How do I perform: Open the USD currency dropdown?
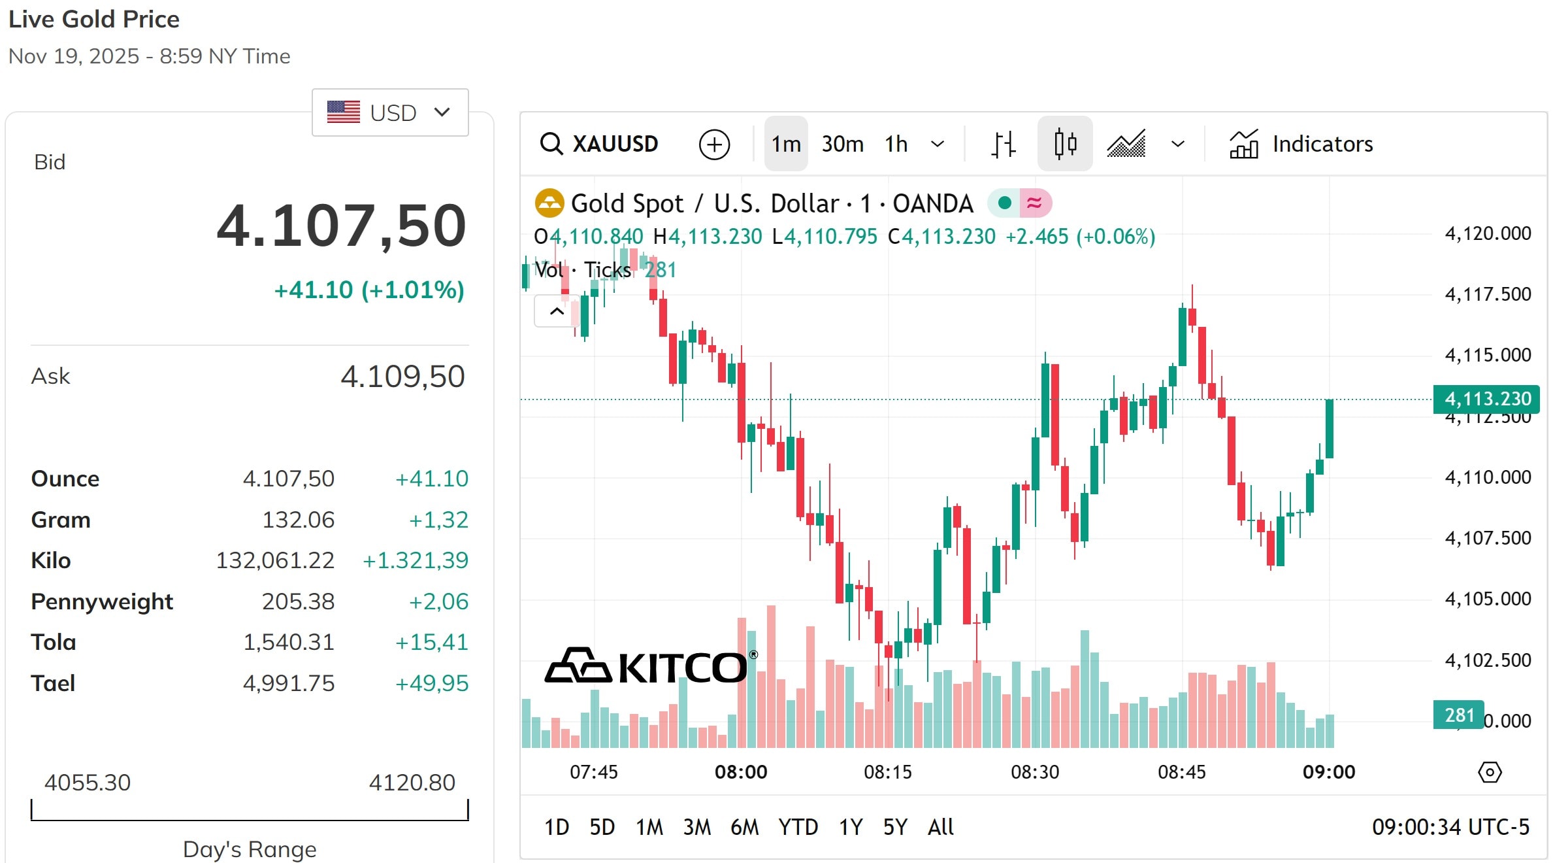(x=390, y=112)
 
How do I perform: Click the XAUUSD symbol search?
(x=599, y=144)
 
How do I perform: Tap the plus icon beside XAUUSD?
(x=714, y=144)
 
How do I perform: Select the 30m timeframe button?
(x=842, y=144)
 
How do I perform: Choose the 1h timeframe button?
(x=896, y=144)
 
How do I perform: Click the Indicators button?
(x=1301, y=144)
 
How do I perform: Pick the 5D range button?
(x=602, y=827)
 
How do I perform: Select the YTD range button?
(x=798, y=827)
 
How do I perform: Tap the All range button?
(x=940, y=827)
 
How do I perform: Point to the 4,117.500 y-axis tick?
(x=1488, y=294)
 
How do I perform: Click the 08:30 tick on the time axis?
(x=1035, y=772)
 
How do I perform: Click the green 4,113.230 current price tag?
(x=1486, y=399)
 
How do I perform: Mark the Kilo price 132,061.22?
(x=275, y=560)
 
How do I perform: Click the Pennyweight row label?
(x=102, y=601)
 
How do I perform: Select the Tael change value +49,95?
(x=432, y=683)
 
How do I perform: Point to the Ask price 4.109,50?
(x=402, y=377)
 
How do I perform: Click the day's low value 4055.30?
(x=88, y=783)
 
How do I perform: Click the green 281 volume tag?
(x=1458, y=715)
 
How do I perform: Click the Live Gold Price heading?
(x=94, y=20)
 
